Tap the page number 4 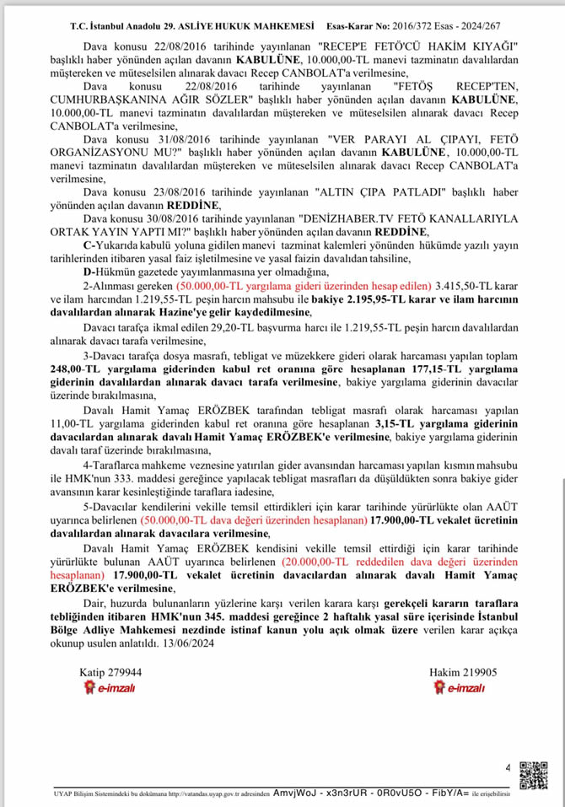[x=508, y=767]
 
